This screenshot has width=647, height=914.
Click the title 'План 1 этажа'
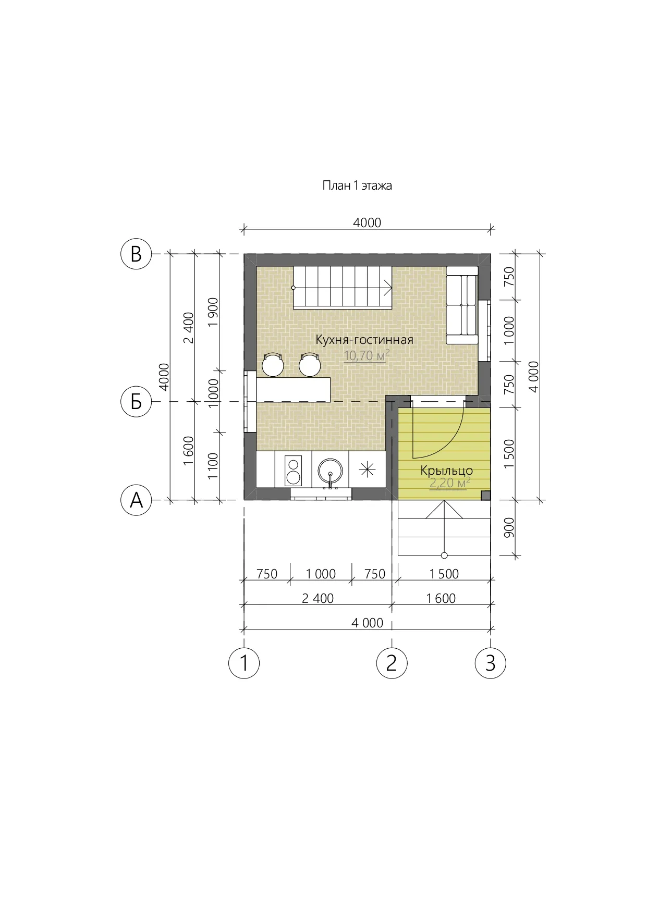click(x=357, y=186)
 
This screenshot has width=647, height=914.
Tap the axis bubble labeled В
click(x=136, y=254)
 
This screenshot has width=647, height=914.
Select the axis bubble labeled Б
click(x=136, y=402)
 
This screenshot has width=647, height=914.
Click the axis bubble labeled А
click(x=136, y=500)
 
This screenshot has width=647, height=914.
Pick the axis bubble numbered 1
click(x=244, y=663)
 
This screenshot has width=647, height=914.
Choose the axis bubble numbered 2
click(x=392, y=663)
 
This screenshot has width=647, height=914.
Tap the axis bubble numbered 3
click(x=490, y=663)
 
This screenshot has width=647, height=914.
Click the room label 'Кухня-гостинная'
click(x=364, y=340)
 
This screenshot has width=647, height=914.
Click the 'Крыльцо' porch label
click(x=447, y=471)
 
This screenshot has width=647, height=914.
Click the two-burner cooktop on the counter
click(x=293, y=471)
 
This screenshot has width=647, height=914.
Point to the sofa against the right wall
click(x=462, y=305)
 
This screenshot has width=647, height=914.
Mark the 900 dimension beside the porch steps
click(x=509, y=527)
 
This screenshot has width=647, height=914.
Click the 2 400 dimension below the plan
click(x=318, y=598)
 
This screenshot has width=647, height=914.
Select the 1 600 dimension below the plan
click(x=441, y=598)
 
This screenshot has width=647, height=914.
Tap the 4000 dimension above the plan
click(x=367, y=223)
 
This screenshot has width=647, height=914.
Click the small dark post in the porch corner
click(x=485, y=495)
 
